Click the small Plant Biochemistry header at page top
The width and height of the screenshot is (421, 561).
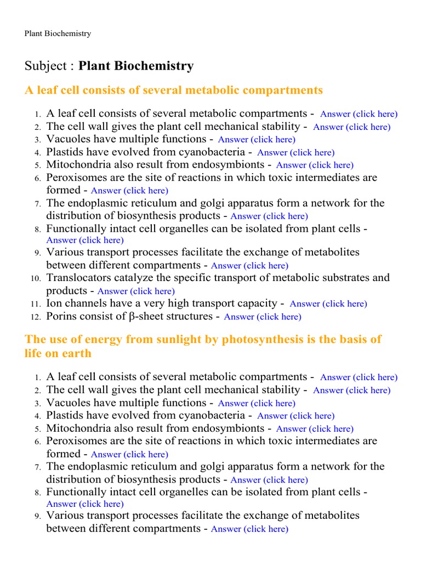58,33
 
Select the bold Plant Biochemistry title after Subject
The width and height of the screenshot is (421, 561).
136,66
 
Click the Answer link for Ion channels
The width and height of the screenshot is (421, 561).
328,304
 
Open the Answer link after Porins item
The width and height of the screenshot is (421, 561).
263,317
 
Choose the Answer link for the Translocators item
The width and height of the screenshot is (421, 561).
136,291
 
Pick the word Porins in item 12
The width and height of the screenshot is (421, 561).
61,316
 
